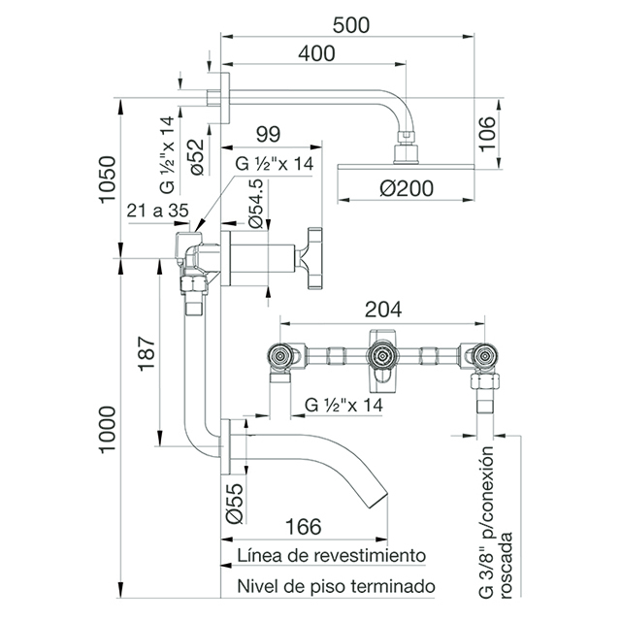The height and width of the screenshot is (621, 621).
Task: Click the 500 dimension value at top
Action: pyautogui.click(x=351, y=25)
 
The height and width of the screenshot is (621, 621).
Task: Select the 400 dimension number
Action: pyautogui.click(x=316, y=53)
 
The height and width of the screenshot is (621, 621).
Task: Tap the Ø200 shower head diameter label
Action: pyautogui.click(x=407, y=188)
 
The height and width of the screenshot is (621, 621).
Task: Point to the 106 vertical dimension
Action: pyautogui.click(x=487, y=134)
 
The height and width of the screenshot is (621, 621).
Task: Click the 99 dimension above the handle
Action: pyautogui.click(x=268, y=134)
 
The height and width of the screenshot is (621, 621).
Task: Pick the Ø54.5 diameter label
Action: pyautogui.click(x=255, y=204)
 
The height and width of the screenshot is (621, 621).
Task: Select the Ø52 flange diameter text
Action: pyautogui.click(x=197, y=157)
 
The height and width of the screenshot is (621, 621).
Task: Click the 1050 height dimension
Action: pyautogui.click(x=108, y=180)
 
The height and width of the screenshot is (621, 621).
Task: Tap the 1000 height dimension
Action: pyautogui.click(x=108, y=429)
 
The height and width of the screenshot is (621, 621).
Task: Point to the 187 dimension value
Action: pyautogui.click(x=147, y=353)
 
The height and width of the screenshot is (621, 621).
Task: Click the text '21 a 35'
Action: pyautogui.click(x=157, y=211)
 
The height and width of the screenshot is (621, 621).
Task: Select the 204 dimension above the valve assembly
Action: pyautogui.click(x=383, y=310)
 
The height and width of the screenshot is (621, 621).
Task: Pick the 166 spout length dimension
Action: pyautogui.click(x=304, y=527)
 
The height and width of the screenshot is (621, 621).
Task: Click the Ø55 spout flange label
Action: pyautogui.click(x=235, y=504)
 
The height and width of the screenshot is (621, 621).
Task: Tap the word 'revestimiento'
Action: pyautogui.click(x=370, y=555)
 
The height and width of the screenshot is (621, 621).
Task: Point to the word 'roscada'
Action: pyautogui.click(x=507, y=565)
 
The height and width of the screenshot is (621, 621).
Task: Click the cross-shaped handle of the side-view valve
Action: pyautogui.click(x=310, y=258)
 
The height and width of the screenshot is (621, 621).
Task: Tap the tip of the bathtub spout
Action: pyautogui.click(x=379, y=501)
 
